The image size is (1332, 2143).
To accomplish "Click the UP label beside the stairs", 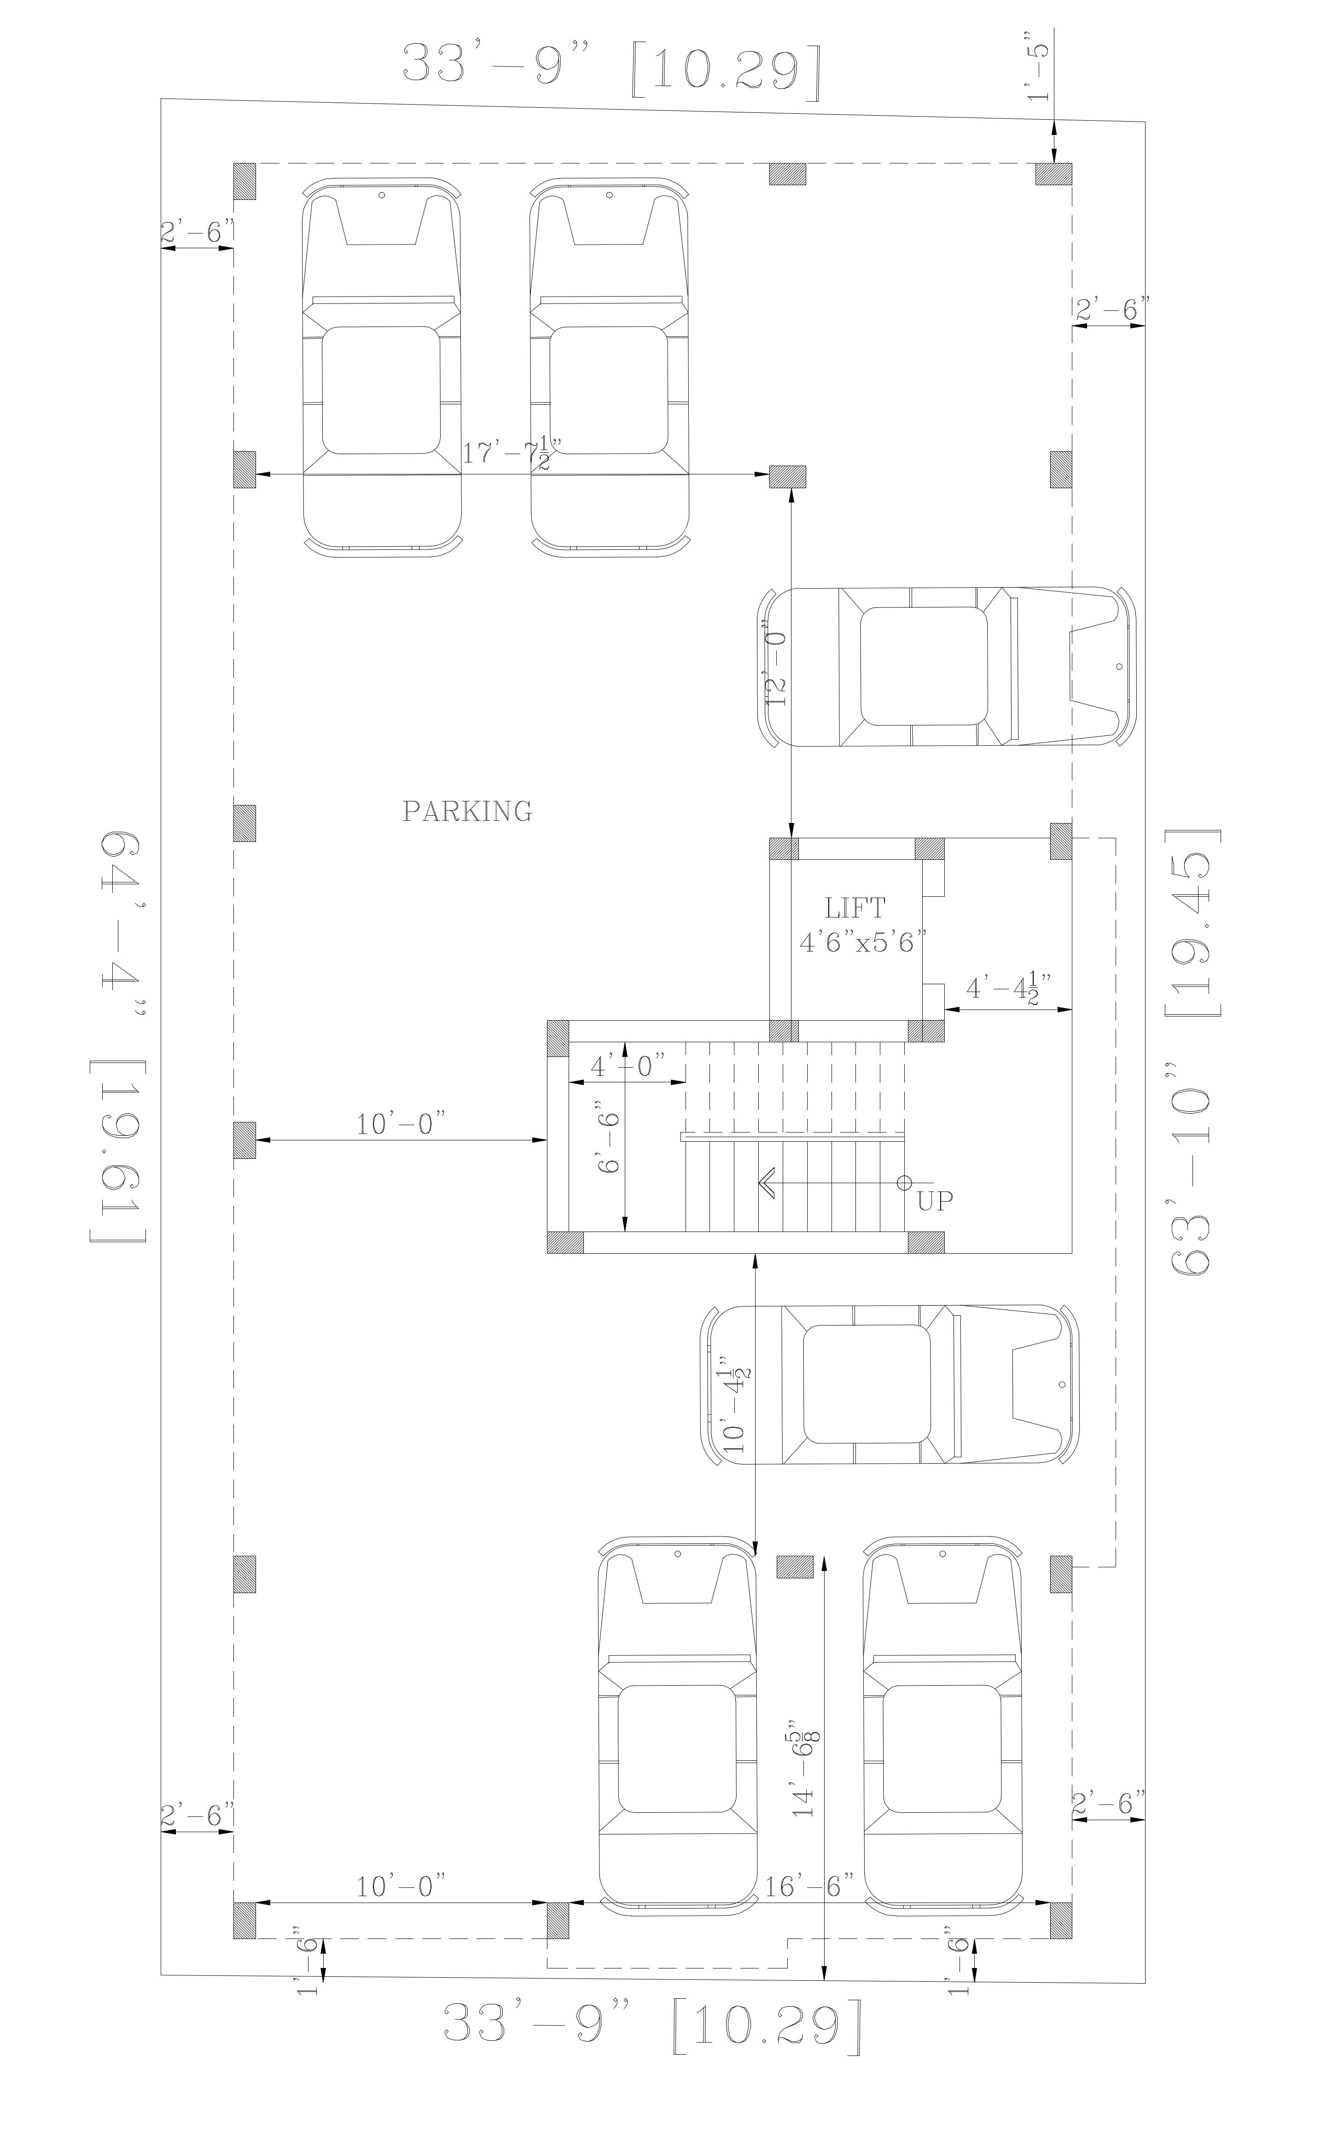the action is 935,1200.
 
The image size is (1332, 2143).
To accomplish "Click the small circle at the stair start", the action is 904,1183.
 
